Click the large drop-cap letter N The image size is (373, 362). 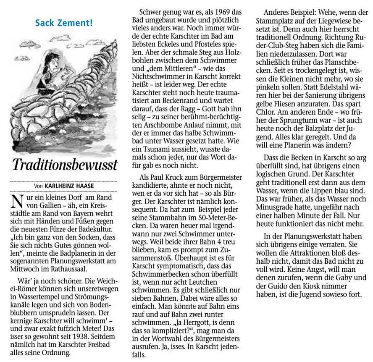click(18, 201)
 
